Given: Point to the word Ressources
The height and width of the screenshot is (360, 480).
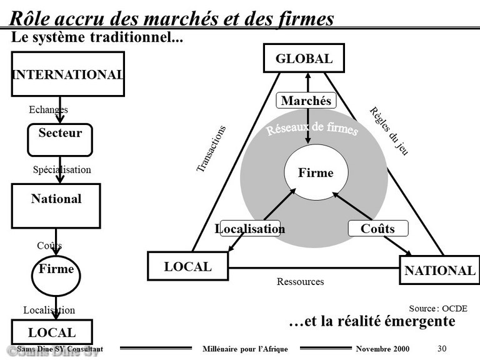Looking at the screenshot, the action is point(300,281).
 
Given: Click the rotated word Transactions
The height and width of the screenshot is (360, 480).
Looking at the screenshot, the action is point(211,149).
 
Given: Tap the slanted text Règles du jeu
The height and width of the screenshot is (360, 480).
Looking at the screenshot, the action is point(389,131).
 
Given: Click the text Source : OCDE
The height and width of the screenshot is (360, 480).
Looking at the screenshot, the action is point(438,308).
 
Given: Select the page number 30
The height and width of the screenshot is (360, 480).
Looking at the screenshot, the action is point(442,348).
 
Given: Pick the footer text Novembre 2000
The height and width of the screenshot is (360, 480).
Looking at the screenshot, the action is point(382,349).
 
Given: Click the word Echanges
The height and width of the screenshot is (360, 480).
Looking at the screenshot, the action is point(48,109).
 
